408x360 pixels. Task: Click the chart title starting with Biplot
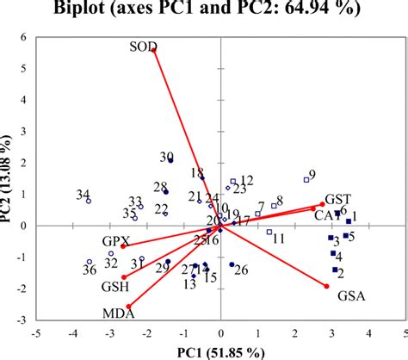click(x=203, y=9)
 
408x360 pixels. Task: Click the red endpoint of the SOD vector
click(x=154, y=51)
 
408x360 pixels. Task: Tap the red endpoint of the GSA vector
click(x=327, y=286)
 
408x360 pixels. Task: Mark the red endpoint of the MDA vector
click(x=129, y=307)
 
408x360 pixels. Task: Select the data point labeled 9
click(x=306, y=180)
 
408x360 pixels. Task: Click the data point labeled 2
click(x=334, y=270)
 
